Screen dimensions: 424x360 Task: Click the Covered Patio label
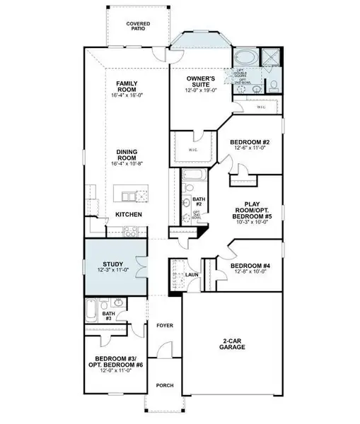pyautogui.click(x=138, y=27)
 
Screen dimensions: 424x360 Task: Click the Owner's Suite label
pyautogui.click(x=201, y=80)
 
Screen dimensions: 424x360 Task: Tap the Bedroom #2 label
pyautogui.click(x=248, y=142)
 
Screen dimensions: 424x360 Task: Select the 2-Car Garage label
pyautogui.click(x=233, y=344)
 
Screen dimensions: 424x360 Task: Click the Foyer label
pyautogui.click(x=165, y=326)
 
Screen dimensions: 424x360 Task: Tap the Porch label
pyautogui.click(x=165, y=385)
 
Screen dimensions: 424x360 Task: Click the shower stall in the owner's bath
pyautogui.click(x=271, y=57)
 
